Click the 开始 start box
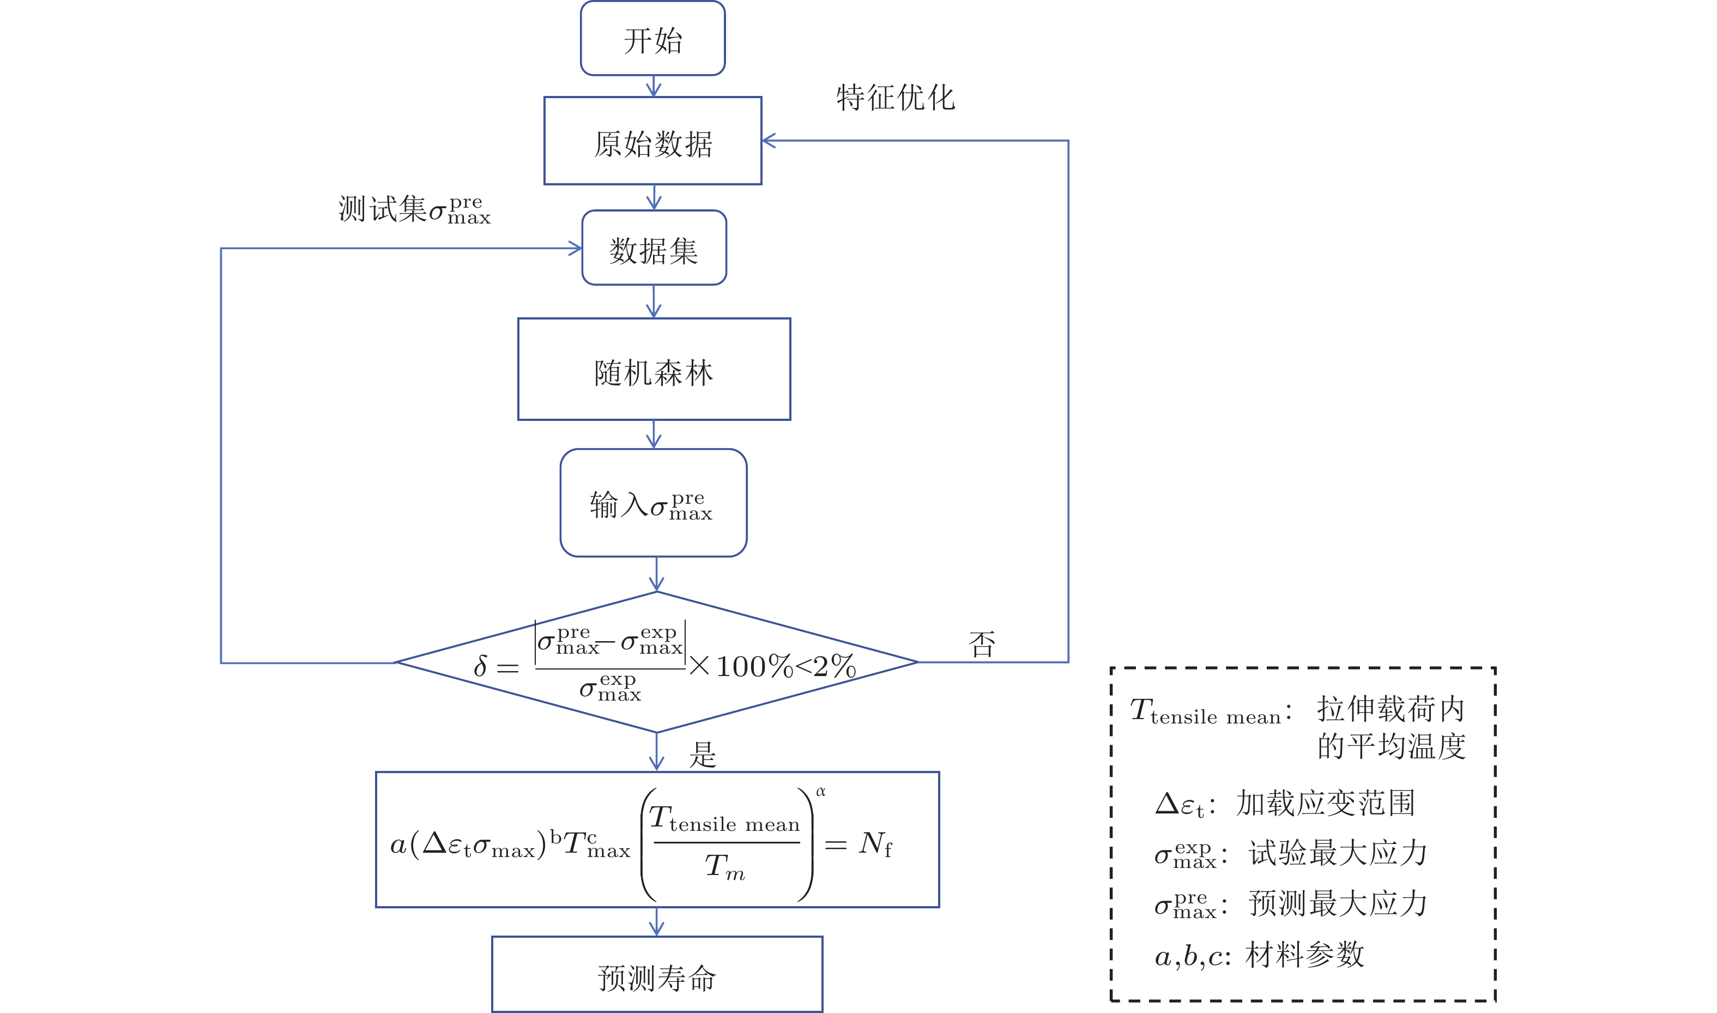point(652,39)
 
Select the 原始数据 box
point(652,141)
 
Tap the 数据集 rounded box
point(654,249)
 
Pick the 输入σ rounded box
point(653,503)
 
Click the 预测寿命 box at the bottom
point(656,975)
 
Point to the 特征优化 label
point(896,98)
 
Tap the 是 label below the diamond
point(702,754)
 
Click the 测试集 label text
point(382,209)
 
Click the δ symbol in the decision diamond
point(480,666)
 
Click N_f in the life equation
point(875,843)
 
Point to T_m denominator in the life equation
point(724,867)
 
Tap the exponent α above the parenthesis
point(821,791)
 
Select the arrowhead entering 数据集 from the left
point(575,249)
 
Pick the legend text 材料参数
point(1304,954)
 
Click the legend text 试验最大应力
point(1338,853)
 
